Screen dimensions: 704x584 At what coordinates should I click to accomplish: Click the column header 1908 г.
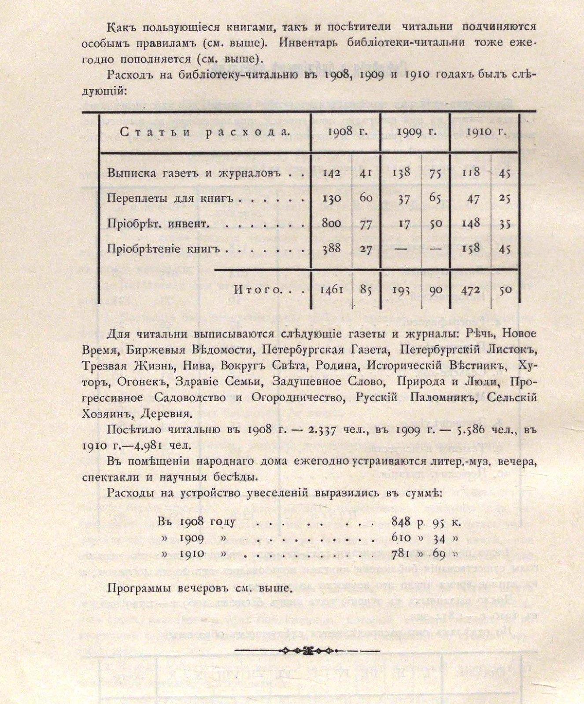(346, 132)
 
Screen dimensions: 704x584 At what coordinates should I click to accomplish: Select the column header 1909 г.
(416, 132)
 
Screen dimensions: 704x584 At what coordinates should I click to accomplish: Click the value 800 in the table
(331, 224)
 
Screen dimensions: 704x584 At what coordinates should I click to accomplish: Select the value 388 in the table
(331, 249)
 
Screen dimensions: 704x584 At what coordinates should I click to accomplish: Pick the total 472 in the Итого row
(470, 290)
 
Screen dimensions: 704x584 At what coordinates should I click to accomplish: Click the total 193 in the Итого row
(401, 290)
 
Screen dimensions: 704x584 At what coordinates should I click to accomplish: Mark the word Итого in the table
(257, 290)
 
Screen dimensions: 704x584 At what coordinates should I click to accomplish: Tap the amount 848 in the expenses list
(401, 522)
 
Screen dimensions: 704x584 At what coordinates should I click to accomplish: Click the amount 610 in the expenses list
(401, 538)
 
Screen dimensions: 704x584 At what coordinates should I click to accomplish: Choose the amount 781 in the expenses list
(401, 554)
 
